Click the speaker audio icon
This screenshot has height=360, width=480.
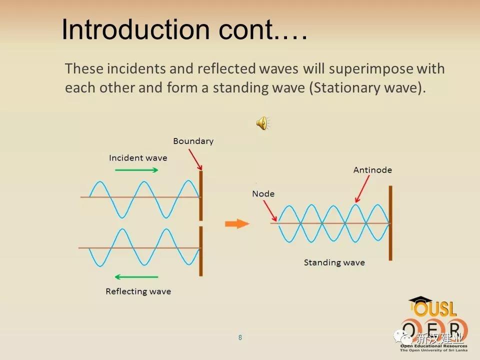[x=262, y=123]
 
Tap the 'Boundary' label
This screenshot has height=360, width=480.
[x=193, y=141]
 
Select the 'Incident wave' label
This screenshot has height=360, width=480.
[x=138, y=158]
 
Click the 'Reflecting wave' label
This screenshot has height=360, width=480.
[x=138, y=291]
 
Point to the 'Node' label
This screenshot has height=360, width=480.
[x=263, y=194]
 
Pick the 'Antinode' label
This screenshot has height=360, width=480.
[x=372, y=170]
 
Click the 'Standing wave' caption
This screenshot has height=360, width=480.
[x=334, y=262]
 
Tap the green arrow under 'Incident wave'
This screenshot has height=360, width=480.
[x=136, y=170]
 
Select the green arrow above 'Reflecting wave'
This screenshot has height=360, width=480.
[x=136, y=277]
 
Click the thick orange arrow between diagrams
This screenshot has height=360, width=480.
[x=237, y=224]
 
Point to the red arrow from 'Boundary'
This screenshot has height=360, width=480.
[x=195, y=159]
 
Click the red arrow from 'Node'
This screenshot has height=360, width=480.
[x=270, y=210]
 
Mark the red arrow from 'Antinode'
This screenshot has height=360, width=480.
[x=362, y=189]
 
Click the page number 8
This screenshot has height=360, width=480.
[x=240, y=337]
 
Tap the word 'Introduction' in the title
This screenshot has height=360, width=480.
[x=136, y=29]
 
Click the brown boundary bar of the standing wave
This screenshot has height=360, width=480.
[x=390, y=223]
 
